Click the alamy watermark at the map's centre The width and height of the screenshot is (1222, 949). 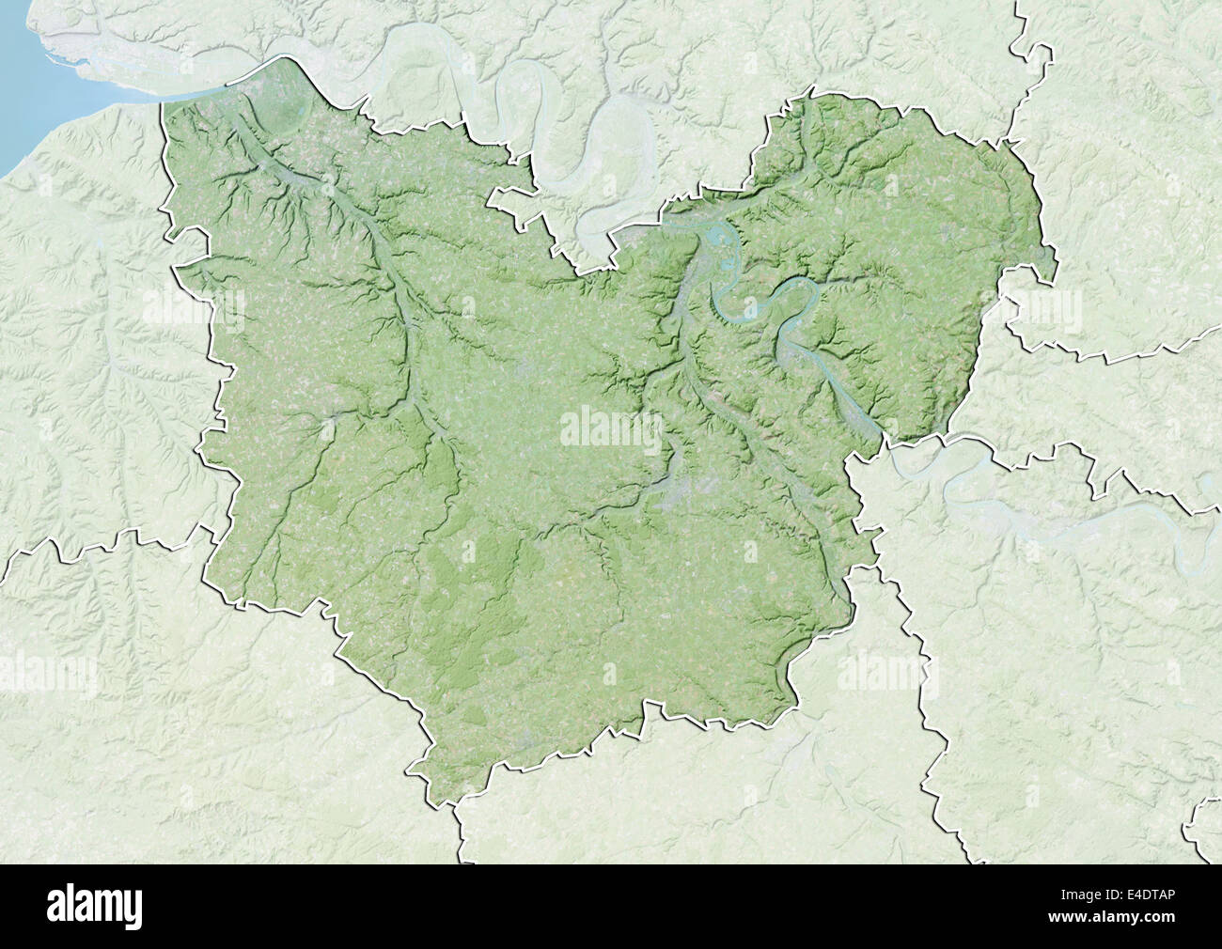pyautogui.click(x=611, y=428)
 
